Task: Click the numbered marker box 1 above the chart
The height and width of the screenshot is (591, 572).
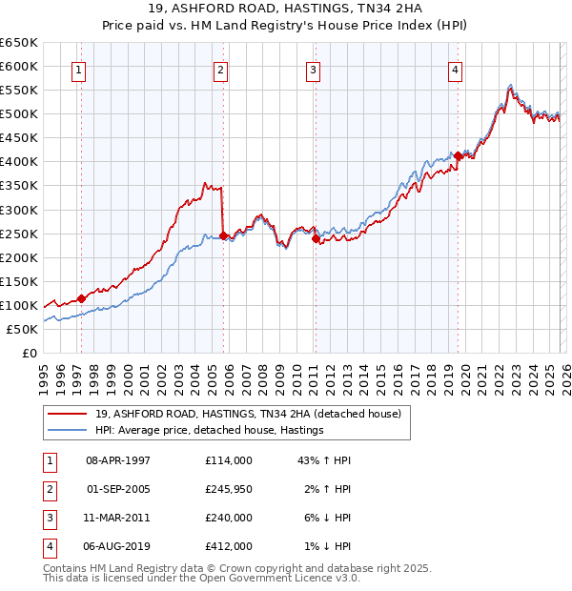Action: [x=77, y=69]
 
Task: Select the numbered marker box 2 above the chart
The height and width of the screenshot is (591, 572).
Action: [x=220, y=69]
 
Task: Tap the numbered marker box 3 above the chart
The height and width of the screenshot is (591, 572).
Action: [x=313, y=69]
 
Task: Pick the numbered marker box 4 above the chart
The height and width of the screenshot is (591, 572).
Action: [x=456, y=69]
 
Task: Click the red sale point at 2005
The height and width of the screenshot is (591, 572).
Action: [x=223, y=235]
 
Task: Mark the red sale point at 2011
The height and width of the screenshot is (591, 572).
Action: [x=316, y=238]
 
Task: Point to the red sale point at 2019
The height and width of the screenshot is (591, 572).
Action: [x=458, y=155]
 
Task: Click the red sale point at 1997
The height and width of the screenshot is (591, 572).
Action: [x=81, y=298]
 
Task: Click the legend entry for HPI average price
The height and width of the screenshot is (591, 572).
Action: [x=210, y=431]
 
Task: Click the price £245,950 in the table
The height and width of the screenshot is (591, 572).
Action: [x=229, y=489]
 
